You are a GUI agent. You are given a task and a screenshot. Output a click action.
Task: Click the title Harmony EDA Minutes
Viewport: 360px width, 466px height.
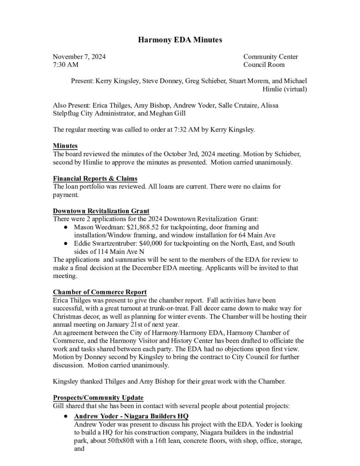click(x=180, y=41)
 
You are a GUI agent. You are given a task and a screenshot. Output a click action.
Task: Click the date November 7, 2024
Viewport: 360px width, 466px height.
click(x=78, y=57)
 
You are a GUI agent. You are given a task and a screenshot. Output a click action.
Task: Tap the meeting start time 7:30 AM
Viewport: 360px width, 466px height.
click(x=66, y=65)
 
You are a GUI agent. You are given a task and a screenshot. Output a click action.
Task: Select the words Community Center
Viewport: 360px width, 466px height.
click(x=270, y=57)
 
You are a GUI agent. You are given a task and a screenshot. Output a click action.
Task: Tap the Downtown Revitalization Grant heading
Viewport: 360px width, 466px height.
click(x=101, y=211)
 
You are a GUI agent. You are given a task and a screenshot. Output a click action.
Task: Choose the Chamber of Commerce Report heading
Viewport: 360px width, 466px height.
click(x=100, y=292)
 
